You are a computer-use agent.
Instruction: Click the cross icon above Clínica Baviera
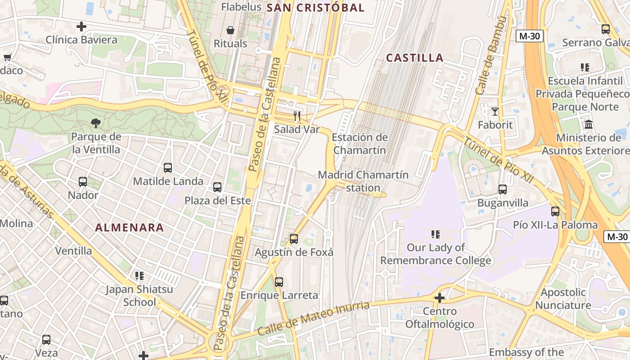[x=81, y=27]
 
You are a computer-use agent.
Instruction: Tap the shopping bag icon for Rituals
[x=230, y=31]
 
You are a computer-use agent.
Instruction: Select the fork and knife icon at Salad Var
[x=297, y=116]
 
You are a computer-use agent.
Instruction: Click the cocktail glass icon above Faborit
[x=495, y=111]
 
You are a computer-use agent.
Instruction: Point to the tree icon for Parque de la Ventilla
[x=96, y=123]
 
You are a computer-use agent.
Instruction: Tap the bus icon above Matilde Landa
[x=168, y=168]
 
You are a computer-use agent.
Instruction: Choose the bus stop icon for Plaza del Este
[x=217, y=187]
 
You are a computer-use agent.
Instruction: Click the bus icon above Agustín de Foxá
[x=294, y=239]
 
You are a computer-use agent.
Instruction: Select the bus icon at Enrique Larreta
[x=279, y=282]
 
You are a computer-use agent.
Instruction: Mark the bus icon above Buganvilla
[x=503, y=189]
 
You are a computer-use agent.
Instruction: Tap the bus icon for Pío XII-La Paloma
[x=555, y=211]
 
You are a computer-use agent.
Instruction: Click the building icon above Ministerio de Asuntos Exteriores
[x=588, y=124]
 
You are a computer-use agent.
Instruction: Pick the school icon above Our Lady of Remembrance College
[x=436, y=234]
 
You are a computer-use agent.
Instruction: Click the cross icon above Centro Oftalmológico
[x=440, y=298]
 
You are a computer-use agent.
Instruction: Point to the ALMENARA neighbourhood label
[x=130, y=228]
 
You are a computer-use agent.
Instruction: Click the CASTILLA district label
[x=415, y=58]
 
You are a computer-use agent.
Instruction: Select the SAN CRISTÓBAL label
[x=315, y=8]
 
